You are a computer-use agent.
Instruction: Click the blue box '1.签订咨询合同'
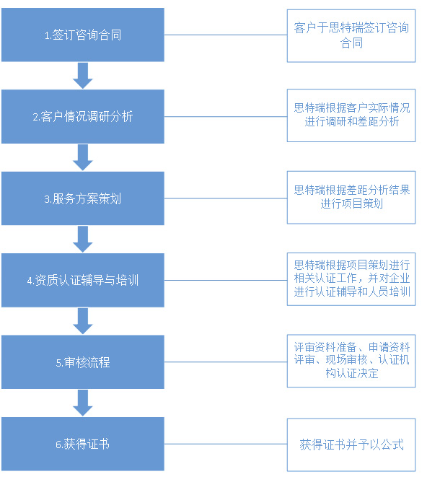point(83,35)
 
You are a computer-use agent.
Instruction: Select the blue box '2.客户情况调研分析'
point(83,116)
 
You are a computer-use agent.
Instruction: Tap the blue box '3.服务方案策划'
point(83,198)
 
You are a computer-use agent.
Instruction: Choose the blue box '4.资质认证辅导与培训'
point(83,280)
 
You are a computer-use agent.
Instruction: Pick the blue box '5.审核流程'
point(83,361)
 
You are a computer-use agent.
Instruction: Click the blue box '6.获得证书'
point(83,444)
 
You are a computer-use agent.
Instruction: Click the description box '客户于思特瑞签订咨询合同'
point(351,35)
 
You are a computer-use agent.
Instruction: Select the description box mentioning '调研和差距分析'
point(351,115)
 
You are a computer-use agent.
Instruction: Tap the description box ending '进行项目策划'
point(351,198)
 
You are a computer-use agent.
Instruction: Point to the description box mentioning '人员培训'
point(351,279)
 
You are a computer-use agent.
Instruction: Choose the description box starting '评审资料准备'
point(351,361)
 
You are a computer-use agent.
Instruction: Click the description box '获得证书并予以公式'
point(351,444)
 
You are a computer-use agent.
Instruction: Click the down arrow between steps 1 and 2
point(83,76)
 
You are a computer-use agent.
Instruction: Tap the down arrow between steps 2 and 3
point(83,157)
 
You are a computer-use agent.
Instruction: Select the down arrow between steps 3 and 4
point(83,239)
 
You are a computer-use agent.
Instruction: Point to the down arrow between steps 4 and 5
point(83,321)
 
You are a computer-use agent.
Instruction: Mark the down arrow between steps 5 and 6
point(83,403)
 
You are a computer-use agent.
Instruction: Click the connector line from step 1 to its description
point(226,35)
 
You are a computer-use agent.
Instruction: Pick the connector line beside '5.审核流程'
point(226,361)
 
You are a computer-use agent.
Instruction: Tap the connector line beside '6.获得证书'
point(226,444)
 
